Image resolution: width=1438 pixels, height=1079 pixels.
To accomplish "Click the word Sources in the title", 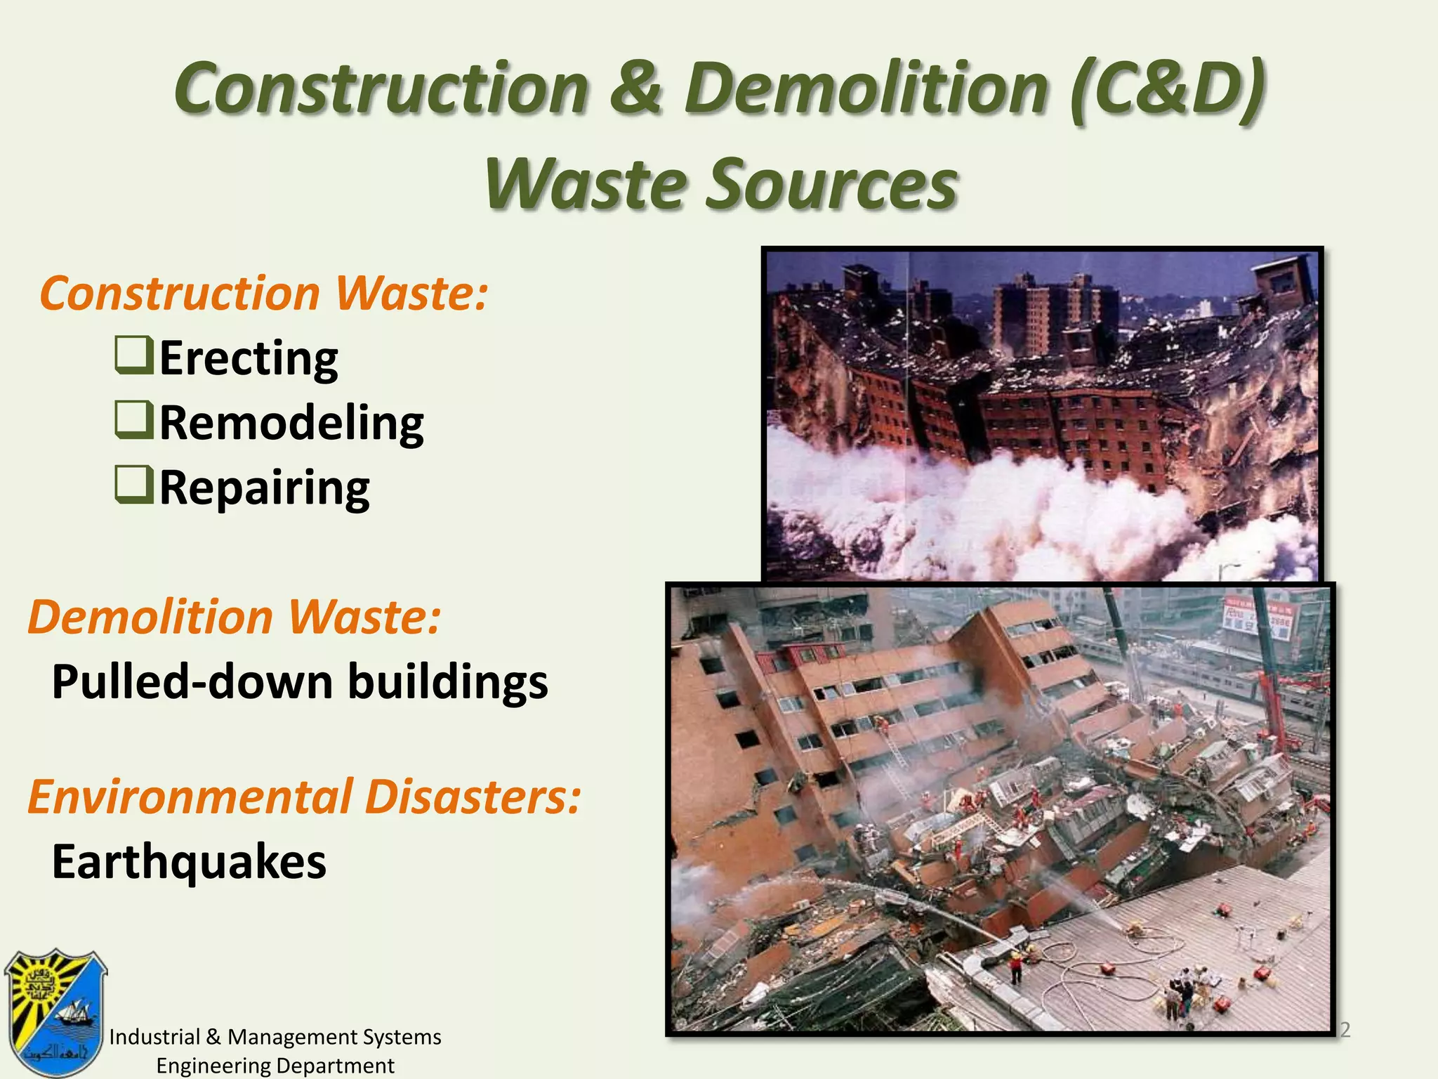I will tap(831, 184).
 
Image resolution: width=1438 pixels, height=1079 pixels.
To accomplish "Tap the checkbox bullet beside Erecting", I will tap(133, 355).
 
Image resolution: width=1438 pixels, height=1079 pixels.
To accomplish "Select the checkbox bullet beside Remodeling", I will tap(133, 420).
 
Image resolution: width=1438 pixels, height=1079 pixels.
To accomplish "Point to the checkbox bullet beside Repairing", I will tap(133, 485).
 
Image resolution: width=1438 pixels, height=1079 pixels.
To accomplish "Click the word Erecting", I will tap(249, 358).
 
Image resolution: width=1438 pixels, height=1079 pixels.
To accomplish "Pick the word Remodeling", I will tap(291, 423).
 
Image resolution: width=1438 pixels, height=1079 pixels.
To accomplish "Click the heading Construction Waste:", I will tap(263, 293).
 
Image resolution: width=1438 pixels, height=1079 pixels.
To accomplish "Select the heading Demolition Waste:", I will tap(235, 617).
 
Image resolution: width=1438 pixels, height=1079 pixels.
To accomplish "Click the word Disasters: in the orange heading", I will tap(473, 797).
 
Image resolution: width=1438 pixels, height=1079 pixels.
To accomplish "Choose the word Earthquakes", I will tap(189, 862).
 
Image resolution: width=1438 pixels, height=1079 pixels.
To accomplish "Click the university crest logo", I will tap(55, 1012).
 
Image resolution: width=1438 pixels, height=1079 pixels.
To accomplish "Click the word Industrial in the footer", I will tap(154, 1037).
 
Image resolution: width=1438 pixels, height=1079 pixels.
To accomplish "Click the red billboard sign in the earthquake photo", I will tap(1257, 617).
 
